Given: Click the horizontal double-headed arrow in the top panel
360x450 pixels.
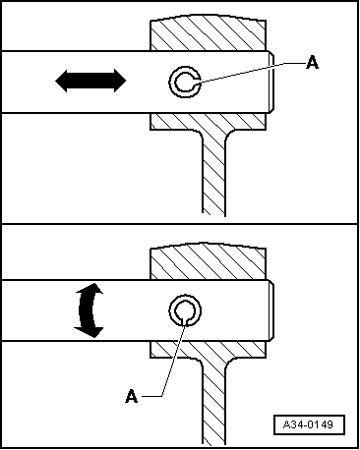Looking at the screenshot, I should point(90,82).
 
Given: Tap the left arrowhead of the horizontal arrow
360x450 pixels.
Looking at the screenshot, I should point(63,82).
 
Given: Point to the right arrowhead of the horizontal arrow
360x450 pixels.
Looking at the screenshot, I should point(118,82).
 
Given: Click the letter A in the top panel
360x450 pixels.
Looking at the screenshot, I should point(312,63).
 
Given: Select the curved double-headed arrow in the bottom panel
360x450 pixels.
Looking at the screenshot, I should point(89,310).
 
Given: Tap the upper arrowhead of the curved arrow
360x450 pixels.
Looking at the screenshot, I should point(91,288).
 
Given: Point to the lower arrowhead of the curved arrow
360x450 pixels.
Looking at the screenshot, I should point(91,332).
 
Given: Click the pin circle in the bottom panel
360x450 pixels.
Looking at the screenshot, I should point(184,310).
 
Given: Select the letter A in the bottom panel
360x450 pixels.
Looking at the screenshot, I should point(131,396).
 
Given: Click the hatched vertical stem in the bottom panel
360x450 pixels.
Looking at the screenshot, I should point(213,403).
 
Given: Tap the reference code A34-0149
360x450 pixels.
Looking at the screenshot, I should point(309,425).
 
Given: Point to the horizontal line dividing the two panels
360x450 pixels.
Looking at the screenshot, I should point(180,225).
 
